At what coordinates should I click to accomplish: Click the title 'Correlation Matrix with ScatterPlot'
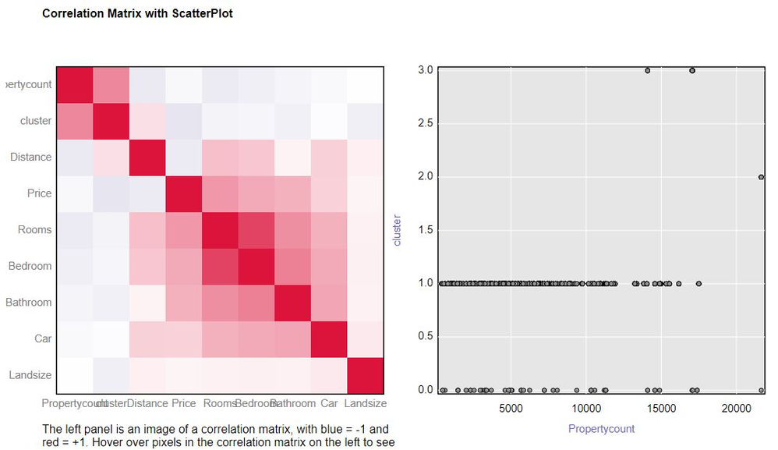pos(137,14)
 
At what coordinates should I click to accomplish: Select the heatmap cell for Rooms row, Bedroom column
pos(256,229)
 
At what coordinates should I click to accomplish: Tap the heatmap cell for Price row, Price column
pos(184,193)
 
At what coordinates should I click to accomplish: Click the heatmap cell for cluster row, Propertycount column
pos(75,120)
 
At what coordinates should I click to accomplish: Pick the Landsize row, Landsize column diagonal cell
pos(365,375)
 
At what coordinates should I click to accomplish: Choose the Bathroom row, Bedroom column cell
pos(256,302)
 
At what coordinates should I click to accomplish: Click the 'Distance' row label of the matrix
pos(31,157)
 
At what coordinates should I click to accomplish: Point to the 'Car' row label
pos(43,338)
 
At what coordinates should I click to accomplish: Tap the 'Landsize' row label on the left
pos(30,375)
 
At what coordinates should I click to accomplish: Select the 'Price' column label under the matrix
pos(184,404)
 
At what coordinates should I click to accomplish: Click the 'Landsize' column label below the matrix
pos(366,404)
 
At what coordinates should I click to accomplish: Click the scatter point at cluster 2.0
pos(761,177)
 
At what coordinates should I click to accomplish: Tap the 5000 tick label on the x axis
pos(510,408)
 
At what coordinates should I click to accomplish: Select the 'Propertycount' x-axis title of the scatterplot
pos(601,429)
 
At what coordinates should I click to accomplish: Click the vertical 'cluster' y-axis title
pos(397,230)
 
